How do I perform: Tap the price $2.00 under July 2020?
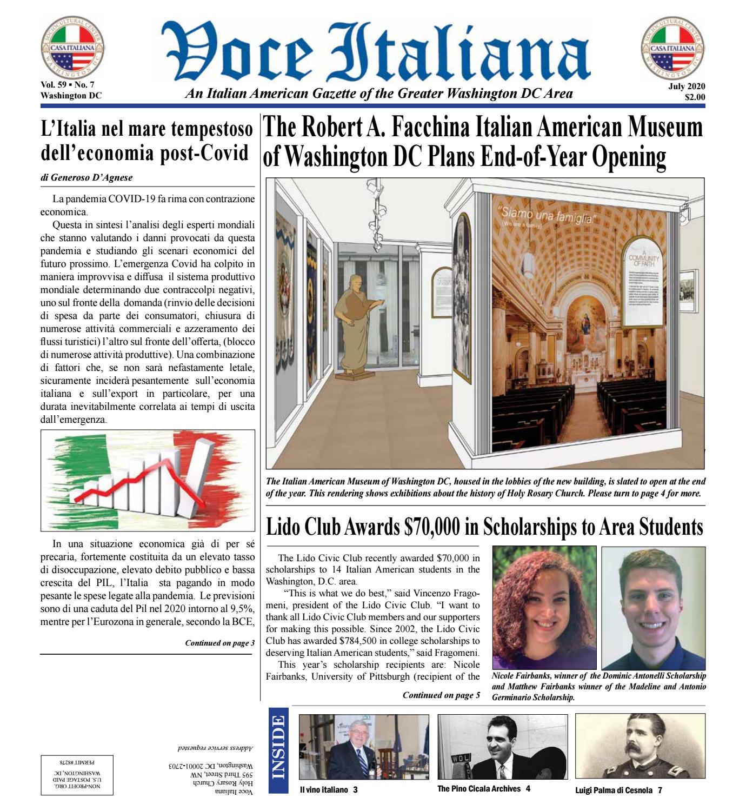[x=694, y=98]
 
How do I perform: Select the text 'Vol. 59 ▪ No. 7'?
[x=66, y=86]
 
